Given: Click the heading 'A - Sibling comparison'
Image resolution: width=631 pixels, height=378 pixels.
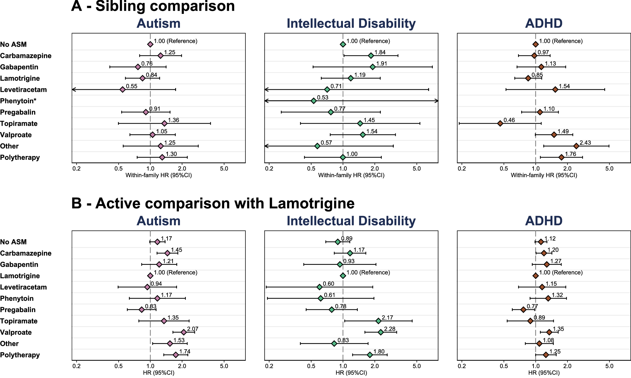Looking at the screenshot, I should click(153, 6).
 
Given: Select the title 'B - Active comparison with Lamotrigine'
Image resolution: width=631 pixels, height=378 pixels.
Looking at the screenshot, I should click(213, 203).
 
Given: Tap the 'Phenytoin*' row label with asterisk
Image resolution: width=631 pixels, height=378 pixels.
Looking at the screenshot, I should click(18, 101).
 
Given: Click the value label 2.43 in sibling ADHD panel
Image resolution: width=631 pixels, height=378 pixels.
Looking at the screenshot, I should click(585, 143).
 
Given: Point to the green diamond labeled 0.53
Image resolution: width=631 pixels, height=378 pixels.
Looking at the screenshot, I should click(313, 101).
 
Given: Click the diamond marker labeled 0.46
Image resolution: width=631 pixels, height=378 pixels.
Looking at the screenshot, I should click(500, 123).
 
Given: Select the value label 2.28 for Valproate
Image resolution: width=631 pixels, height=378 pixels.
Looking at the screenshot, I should click(390, 329).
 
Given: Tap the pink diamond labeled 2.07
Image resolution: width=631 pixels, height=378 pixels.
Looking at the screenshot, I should click(184, 332).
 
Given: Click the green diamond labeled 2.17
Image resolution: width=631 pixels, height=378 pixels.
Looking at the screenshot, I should click(378, 321).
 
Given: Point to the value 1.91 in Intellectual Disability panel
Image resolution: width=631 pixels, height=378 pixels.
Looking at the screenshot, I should click(381, 64).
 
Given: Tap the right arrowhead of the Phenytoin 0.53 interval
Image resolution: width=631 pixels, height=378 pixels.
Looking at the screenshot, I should click(437, 101).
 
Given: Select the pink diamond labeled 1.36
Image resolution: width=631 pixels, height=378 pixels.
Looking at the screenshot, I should click(164, 123).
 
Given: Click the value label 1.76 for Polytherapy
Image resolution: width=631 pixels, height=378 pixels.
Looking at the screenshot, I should click(570, 154).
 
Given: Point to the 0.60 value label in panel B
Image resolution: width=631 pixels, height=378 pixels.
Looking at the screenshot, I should click(328, 284).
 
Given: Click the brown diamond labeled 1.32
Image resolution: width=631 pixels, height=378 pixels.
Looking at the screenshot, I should click(548, 298).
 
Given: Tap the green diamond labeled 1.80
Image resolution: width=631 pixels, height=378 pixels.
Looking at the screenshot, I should click(370, 355).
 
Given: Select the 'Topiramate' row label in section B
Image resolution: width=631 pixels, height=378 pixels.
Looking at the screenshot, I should click(19, 321).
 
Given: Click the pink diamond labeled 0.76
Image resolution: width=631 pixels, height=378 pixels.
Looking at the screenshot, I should click(138, 67).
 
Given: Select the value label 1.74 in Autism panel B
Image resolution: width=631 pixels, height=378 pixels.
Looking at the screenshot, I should click(185, 352).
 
